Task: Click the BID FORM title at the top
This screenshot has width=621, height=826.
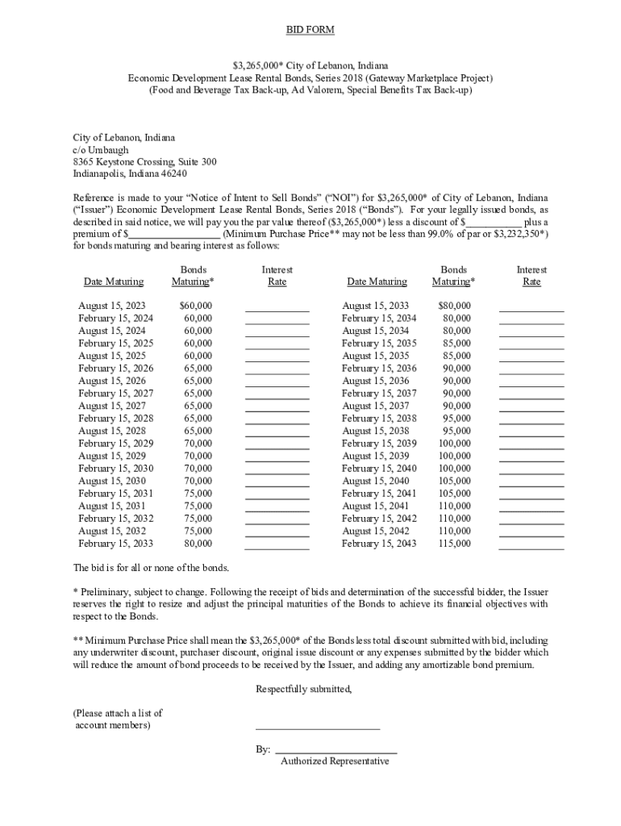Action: [310, 30]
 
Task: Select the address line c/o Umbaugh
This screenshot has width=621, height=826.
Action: [101, 150]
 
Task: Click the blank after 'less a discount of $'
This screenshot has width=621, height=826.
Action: [494, 222]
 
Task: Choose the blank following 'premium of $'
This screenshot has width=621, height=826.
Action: [175, 234]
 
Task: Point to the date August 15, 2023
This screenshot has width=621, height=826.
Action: [111, 306]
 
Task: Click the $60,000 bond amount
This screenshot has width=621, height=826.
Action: [195, 306]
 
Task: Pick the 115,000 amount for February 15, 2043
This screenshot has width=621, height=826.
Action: [454, 544]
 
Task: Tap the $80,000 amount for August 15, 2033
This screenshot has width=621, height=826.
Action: [454, 306]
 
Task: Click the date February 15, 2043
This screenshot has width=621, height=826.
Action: [379, 544]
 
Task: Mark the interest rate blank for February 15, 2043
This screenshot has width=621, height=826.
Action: [531, 546]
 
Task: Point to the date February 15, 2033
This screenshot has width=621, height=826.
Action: [115, 544]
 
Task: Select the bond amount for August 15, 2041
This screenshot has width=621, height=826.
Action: [454, 506]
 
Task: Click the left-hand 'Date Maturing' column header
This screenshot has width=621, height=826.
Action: [114, 282]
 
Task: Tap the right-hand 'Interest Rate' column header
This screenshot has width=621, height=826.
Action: [531, 276]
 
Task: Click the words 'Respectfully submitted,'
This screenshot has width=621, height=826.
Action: [304, 689]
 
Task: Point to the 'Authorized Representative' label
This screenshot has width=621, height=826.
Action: [335, 761]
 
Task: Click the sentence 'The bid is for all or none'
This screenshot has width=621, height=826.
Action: [151, 568]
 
